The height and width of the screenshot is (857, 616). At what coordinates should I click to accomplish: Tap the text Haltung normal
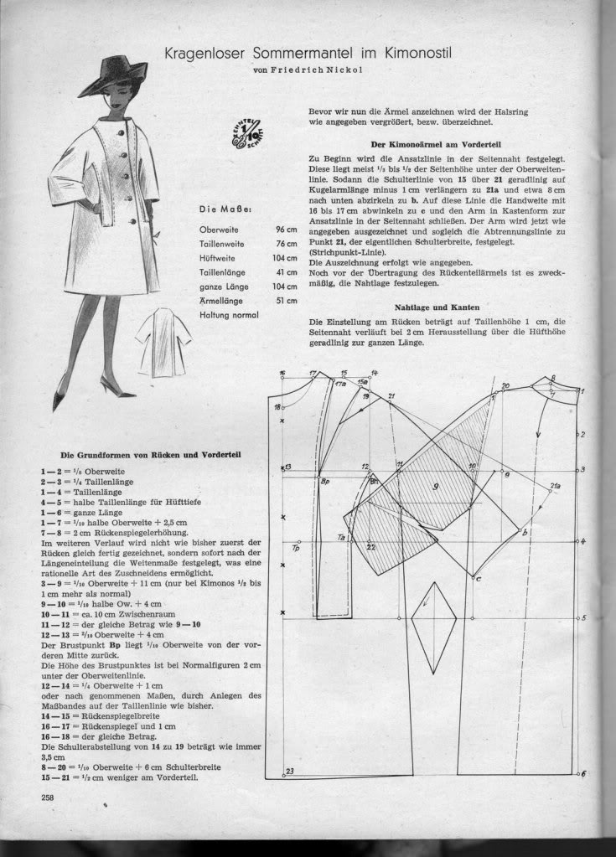click(229, 314)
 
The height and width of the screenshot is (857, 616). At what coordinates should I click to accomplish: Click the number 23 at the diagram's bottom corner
click(289, 771)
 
